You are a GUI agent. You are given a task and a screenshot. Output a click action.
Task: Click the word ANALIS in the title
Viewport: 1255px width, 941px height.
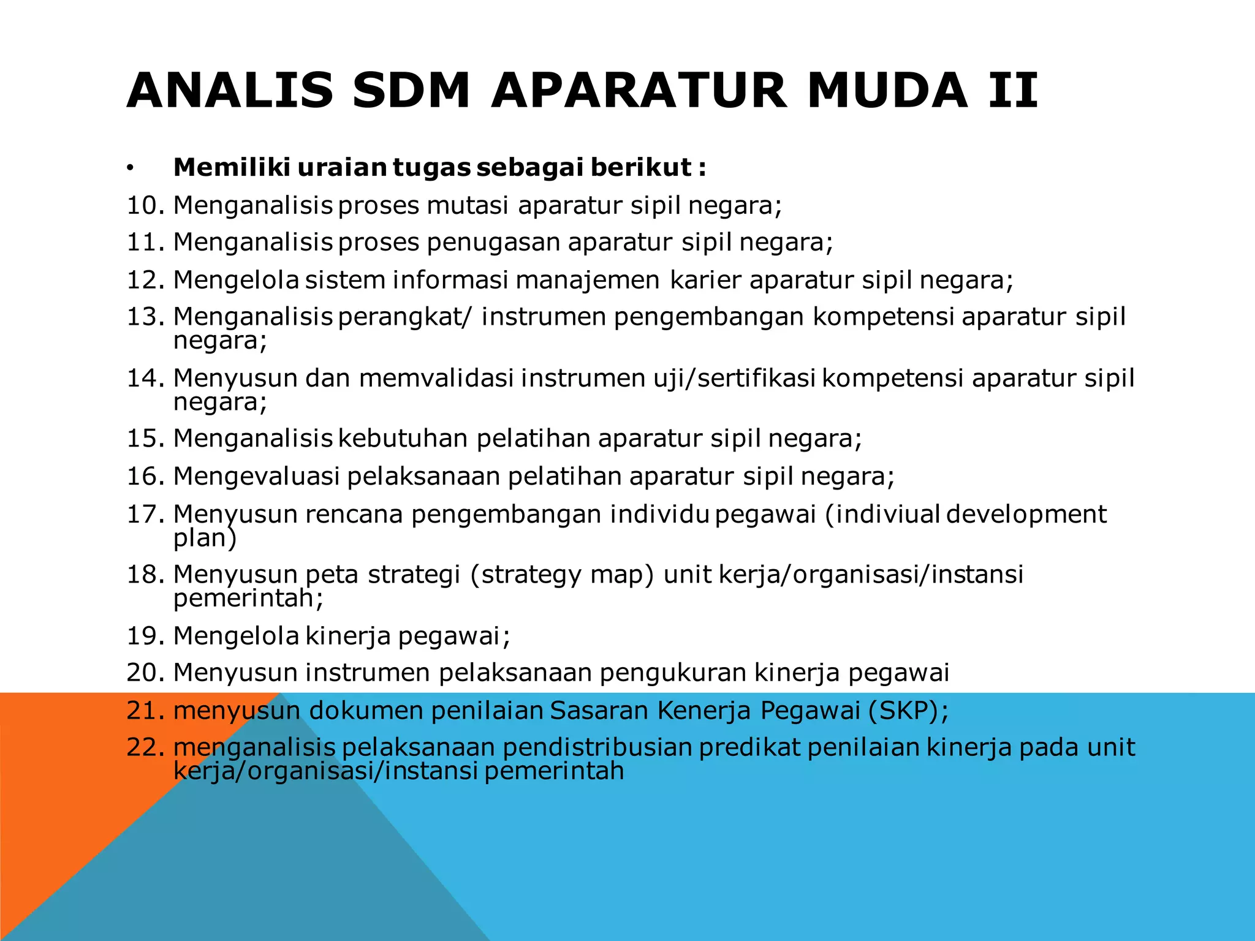tap(230, 91)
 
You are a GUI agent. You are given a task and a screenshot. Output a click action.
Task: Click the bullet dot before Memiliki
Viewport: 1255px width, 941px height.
tap(130, 168)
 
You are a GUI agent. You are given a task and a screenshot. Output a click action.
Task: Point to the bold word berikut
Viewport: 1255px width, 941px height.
tap(641, 167)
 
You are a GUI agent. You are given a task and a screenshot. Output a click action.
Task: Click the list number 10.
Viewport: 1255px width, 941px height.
tap(145, 205)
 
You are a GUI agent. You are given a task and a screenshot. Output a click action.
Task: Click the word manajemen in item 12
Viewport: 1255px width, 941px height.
tap(588, 280)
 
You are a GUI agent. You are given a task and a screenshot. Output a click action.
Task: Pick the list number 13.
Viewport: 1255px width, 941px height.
tap(145, 317)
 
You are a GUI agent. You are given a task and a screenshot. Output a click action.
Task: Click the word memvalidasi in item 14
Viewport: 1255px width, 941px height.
tap(436, 378)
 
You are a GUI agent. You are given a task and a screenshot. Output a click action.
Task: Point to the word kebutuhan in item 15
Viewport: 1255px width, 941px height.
tap(403, 439)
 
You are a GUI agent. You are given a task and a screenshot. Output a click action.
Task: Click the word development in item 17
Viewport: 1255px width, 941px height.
tap(1026, 514)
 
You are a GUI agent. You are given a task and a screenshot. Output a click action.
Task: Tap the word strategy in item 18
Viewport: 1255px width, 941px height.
tap(526, 575)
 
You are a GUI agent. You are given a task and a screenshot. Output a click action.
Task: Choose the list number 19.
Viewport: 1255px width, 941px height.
tap(145, 636)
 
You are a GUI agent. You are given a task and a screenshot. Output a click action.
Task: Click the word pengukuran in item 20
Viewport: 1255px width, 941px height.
tap(672, 673)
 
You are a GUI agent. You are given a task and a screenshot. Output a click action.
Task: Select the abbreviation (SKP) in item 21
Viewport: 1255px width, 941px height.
tap(908, 710)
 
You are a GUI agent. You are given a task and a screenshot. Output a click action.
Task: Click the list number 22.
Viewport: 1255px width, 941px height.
tap(145, 747)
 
